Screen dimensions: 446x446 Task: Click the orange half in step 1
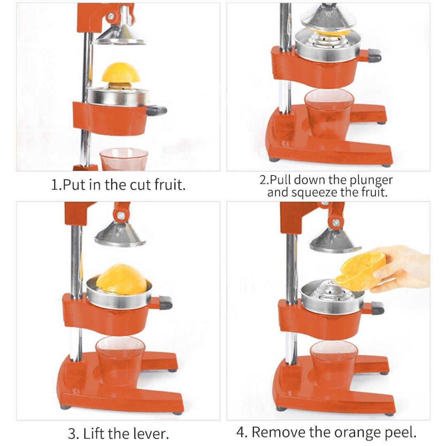(119, 74)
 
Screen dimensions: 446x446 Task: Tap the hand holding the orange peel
(403, 270)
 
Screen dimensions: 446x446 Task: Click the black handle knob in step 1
(157, 110)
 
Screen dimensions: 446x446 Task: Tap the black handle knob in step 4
(377, 308)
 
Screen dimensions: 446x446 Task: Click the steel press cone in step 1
(120, 35)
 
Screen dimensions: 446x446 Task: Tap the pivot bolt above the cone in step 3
(121, 215)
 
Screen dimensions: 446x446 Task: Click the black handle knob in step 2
(375, 55)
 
